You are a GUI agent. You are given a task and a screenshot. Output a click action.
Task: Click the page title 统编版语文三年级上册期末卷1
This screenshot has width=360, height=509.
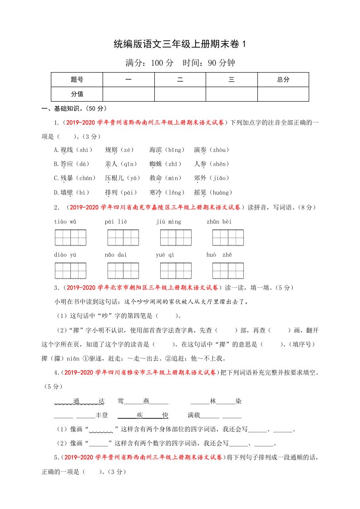[180, 44]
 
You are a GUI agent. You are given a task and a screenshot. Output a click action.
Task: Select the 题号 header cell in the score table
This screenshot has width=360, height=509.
[77, 79]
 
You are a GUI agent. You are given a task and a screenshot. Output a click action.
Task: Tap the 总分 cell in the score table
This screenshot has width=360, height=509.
[283, 79]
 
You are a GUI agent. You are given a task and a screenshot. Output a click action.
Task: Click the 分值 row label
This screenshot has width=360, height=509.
[77, 94]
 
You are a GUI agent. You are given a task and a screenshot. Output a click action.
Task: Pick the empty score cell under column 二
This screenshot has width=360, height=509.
[180, 94]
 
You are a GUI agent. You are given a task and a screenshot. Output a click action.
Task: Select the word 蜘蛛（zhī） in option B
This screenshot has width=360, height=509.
[165, 164]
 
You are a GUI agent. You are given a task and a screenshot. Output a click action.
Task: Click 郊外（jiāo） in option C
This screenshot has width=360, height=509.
[211, 178]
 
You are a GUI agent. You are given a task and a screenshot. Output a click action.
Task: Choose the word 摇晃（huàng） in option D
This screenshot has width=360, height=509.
[213, 192]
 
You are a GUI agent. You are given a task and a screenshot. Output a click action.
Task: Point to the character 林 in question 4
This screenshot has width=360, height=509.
[213, 401]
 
